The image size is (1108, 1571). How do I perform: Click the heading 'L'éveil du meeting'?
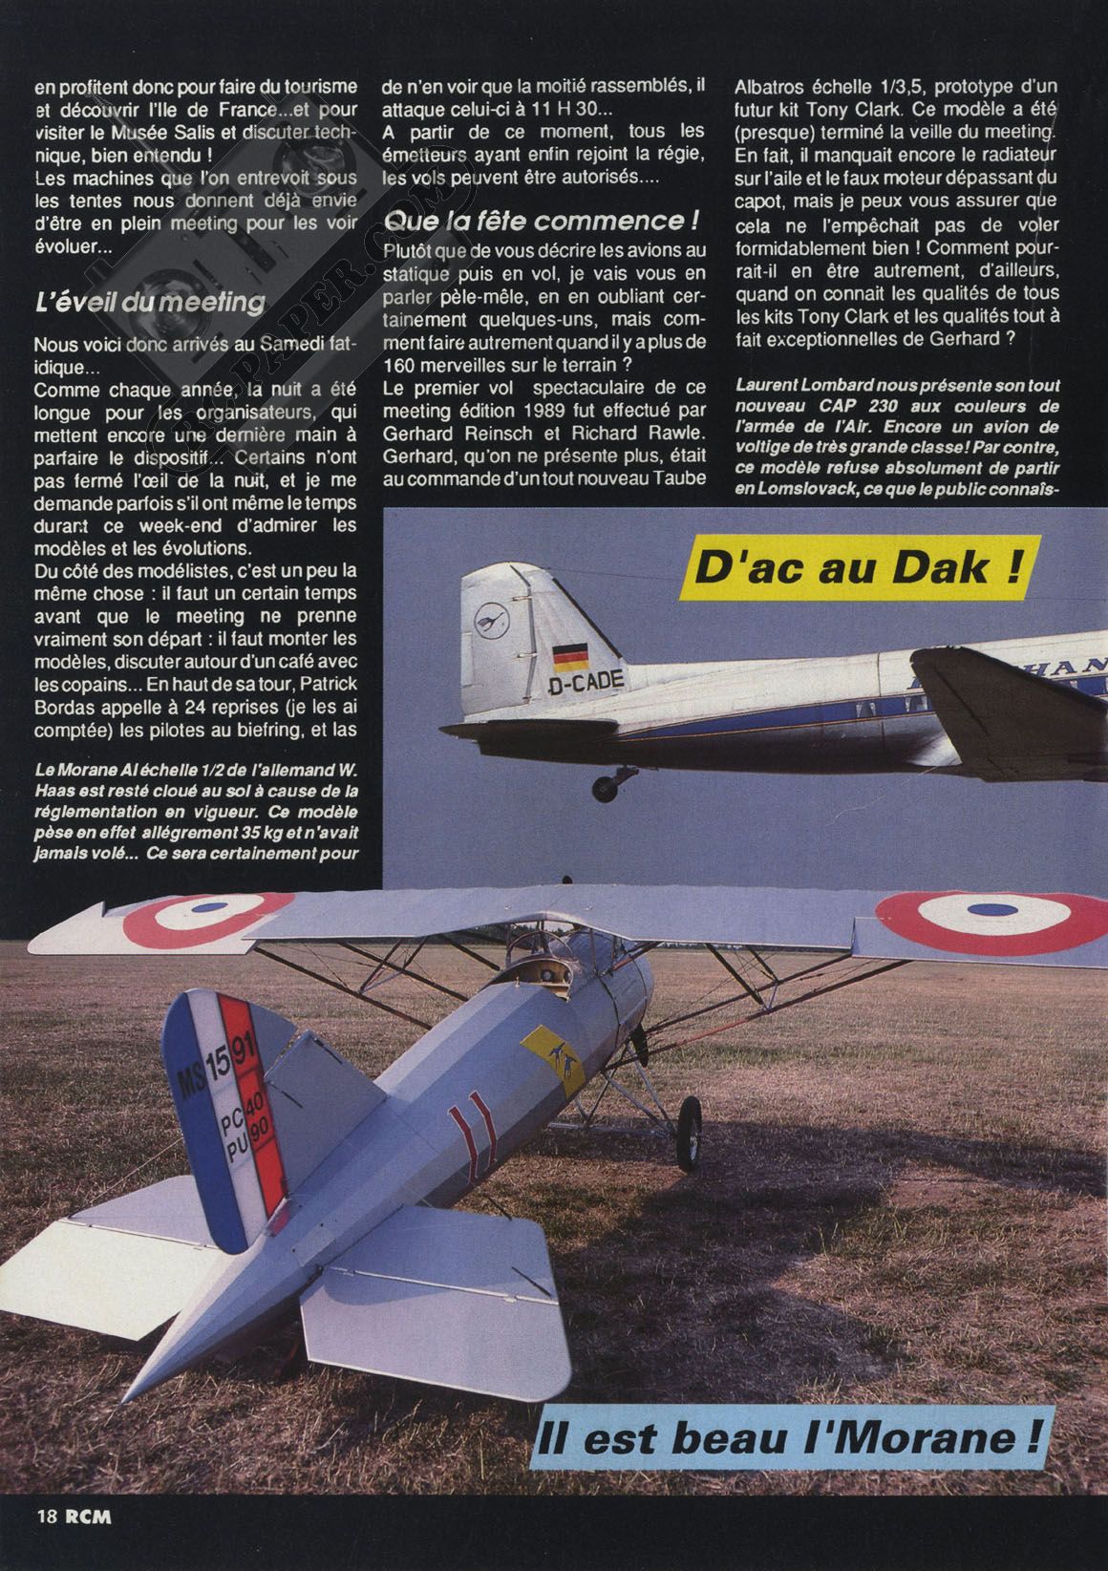point(148,303)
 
